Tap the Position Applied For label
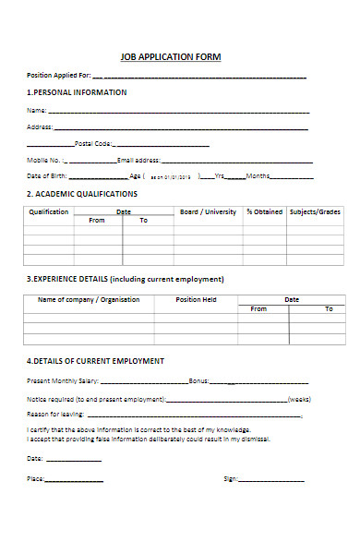coord(58,76)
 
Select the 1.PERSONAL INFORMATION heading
coord(77,92)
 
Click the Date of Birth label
coord(46,175)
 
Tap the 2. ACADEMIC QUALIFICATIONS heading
coord(81,195)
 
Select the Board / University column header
coord(208,212)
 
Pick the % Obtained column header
coord(264,212)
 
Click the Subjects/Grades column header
coord(315,212)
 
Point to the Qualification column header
coord(49,212)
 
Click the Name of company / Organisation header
coord(88,300)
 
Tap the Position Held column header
coord(196,300)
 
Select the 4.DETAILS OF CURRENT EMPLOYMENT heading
coord(95,361)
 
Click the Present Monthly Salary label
coord(62,380)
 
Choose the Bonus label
coord(198,380)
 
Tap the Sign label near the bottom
coord(231,479)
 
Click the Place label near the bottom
coord(35,479)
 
